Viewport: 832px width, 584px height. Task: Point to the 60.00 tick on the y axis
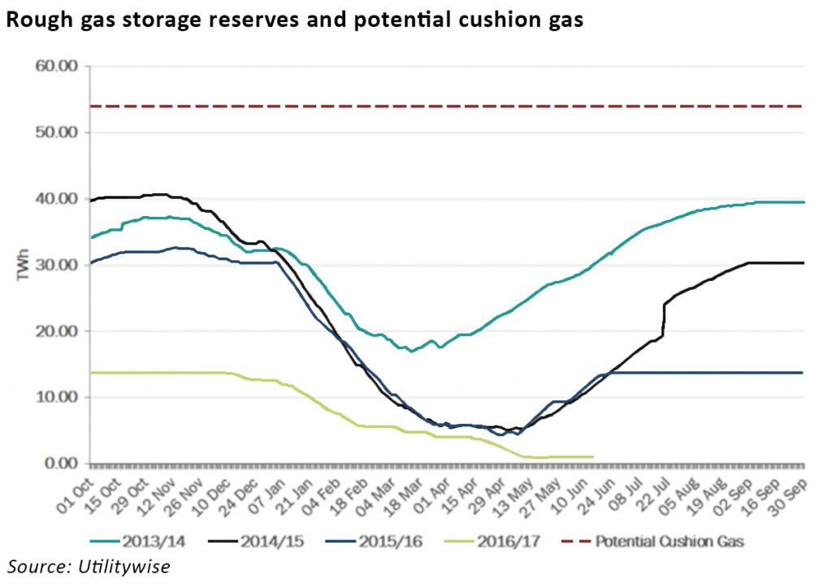56,66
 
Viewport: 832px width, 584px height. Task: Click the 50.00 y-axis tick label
56,132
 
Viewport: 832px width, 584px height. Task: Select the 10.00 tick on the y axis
56,397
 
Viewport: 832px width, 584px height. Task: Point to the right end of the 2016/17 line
592,456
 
